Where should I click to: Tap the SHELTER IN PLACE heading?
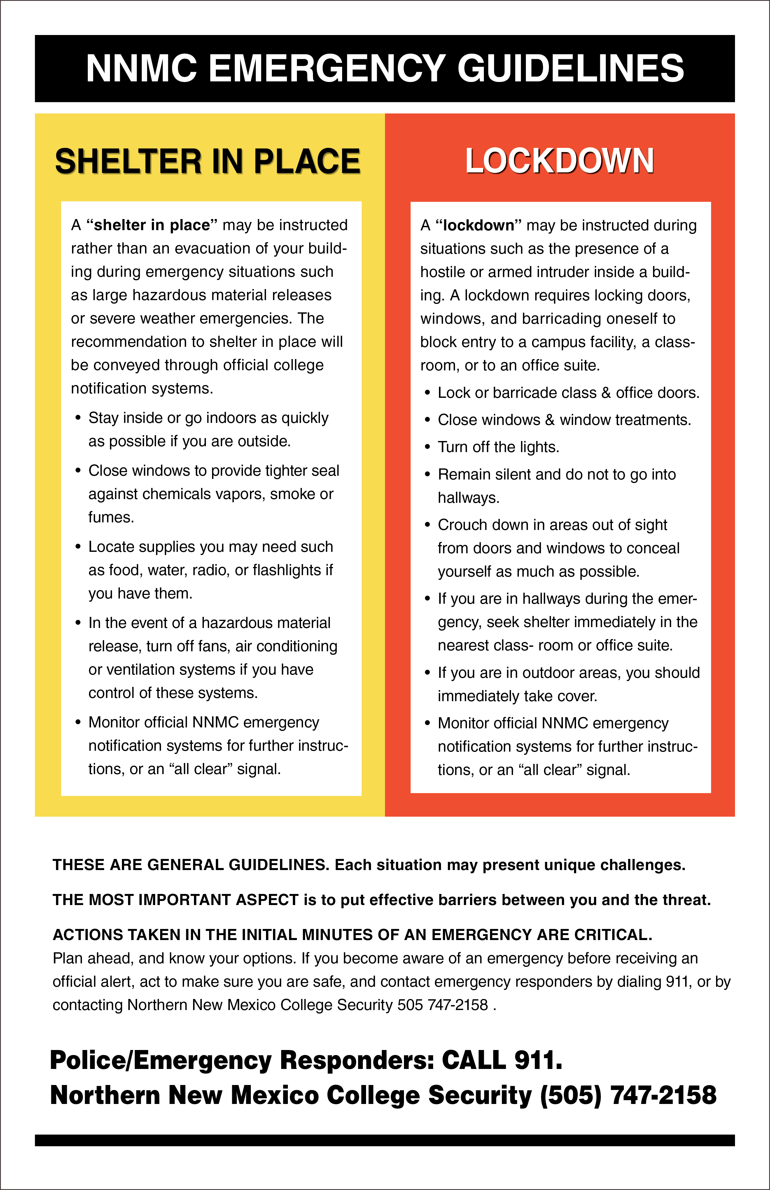tap(207, 162)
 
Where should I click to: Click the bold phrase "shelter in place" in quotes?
tap(151, 225)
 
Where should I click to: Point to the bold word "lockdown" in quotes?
tap(479, 225)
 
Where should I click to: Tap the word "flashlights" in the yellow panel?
tap(286, 570)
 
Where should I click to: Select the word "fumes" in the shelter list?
tap(111, 517)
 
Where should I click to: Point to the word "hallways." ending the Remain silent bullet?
tap(468, 498)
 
